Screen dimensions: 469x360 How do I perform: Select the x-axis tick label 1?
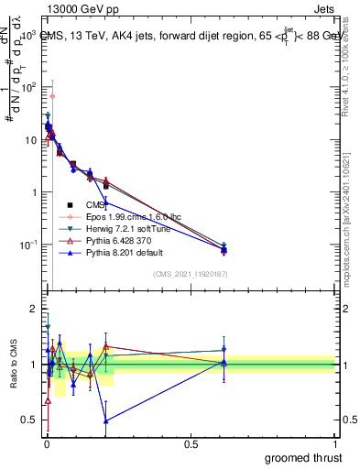(335, 444)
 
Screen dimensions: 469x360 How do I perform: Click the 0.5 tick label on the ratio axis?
(29, 420)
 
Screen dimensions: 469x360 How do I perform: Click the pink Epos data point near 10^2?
(52, 96)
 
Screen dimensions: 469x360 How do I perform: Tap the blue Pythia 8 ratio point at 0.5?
(106, 420)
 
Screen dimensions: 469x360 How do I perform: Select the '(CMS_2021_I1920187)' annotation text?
(190, 273)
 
